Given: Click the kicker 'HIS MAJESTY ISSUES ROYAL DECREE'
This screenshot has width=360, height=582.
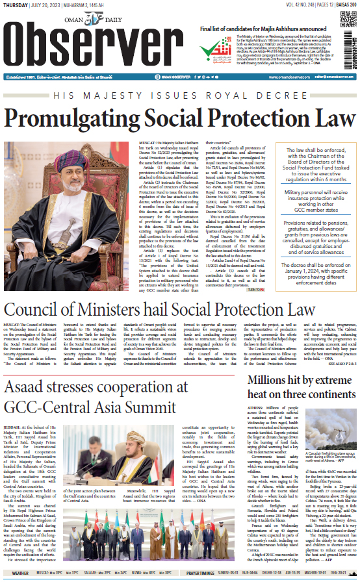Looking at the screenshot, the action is click(179, 94).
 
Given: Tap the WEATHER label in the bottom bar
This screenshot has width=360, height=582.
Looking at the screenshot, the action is click(20, 574).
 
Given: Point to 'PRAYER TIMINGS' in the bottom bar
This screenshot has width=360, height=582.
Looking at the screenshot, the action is click(201, 574).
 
